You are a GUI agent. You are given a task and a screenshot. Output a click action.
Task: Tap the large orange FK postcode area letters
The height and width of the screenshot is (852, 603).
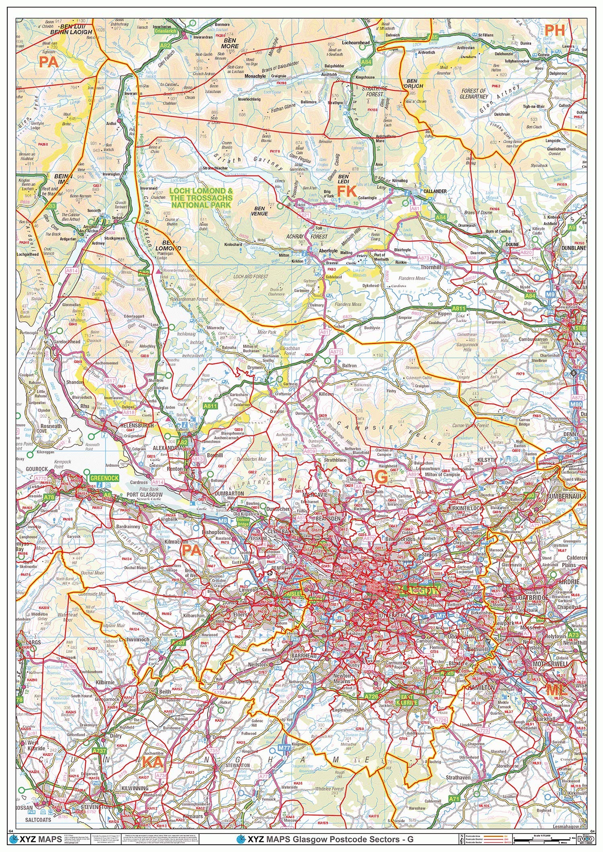[x=347, y=191]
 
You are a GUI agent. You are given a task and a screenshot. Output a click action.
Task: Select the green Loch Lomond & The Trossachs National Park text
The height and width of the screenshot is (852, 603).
[x=201, y=198]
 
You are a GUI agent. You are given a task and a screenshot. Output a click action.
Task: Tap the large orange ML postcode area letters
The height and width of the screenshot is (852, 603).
[x=556, y=690]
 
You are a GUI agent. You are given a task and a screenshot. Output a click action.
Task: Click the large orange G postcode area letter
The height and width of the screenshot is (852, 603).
[x=380, y=477]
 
